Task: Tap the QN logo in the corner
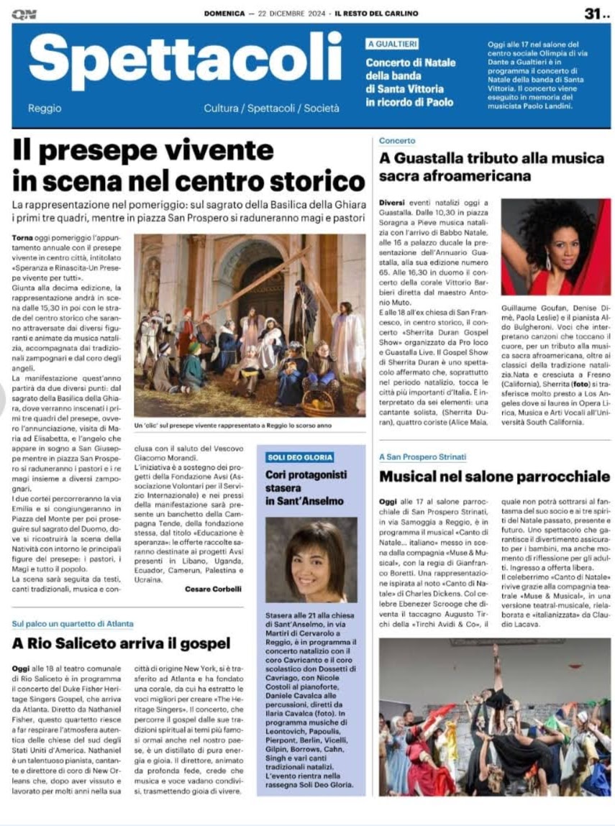coord(24,14)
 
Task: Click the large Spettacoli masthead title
coord(186,63)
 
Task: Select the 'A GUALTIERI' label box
coord(392,45)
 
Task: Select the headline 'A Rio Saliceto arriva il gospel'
coord(121,643)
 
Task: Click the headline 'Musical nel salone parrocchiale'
coord(495,476)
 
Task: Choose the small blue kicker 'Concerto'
coord(397,141)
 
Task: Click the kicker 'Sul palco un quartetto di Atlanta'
coord(73,623)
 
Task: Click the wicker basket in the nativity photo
coord(318,404)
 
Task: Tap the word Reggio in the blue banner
coord(45,109)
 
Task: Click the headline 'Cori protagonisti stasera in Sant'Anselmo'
coord(306,487)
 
